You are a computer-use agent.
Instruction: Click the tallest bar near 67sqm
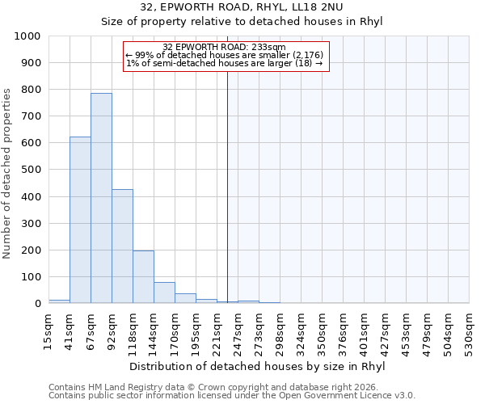(x=101, y=198)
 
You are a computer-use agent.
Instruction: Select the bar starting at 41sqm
(x=80, y=220)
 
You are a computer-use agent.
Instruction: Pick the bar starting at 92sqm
(x=122, y=246)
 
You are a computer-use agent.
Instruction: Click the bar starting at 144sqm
(x=164, y=292)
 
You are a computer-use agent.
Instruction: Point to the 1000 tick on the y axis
(x=27, y=36)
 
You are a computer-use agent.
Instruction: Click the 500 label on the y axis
(x=31, y=170)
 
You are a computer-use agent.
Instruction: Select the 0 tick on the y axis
(x=37, y=304)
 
